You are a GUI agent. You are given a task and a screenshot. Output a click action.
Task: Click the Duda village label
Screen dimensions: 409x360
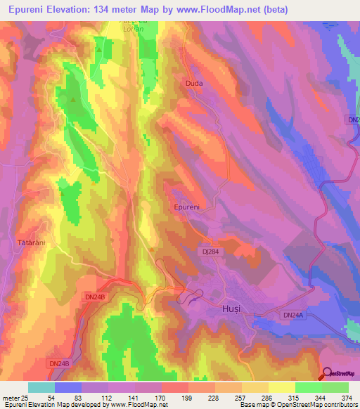[193, 83]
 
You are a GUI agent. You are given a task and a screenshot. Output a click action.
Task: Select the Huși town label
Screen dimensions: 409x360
[221, 309]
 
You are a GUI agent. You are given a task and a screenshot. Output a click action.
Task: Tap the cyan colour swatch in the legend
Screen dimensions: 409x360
[41, 387]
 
